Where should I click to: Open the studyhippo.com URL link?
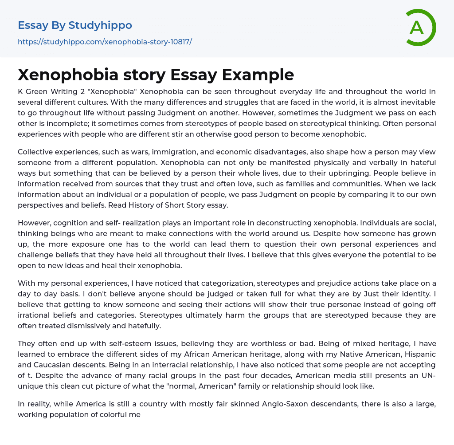[x=105, y=42]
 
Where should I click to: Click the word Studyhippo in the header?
[x=100, y=26]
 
